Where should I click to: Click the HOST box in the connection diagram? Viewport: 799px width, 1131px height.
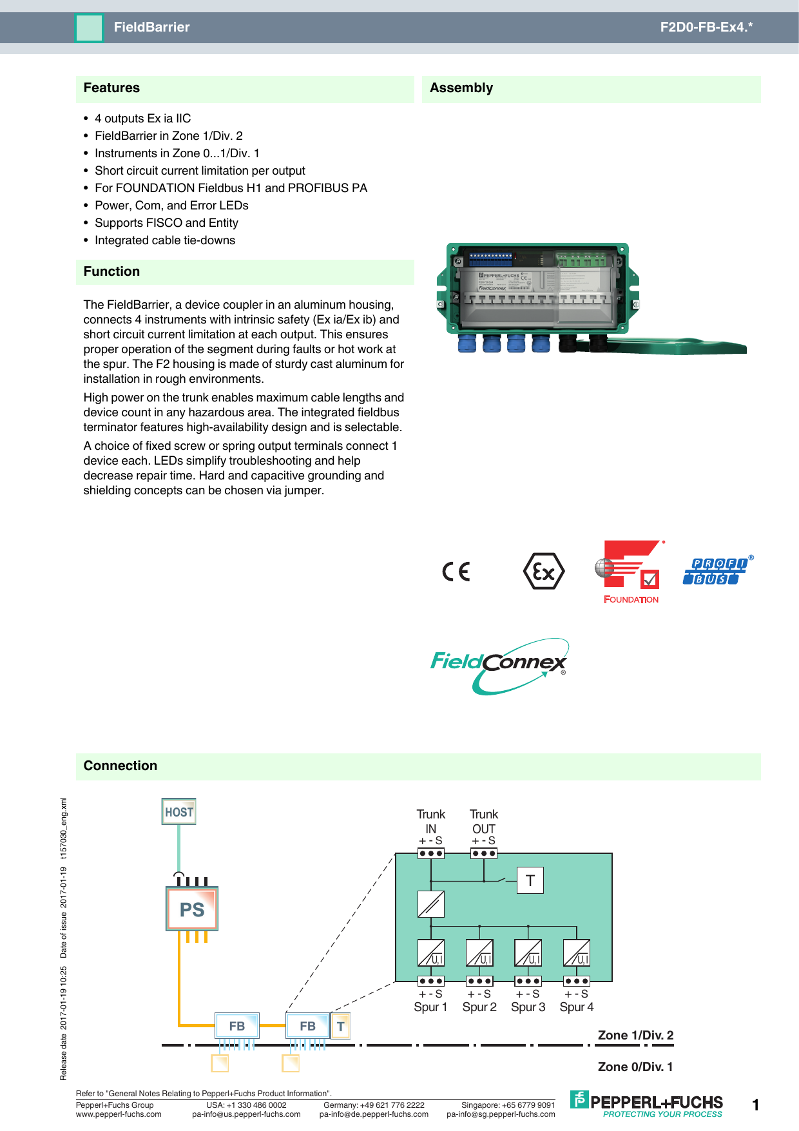pyautogui.click(x=178, y=812)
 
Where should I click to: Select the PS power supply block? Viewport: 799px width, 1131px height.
pyautogui.click(x=192, y=909)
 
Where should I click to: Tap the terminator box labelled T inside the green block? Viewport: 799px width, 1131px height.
pyautogui.click(x=530, y=880)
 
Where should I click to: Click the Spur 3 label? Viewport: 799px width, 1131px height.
pyautogui.click(x=528, y=1007)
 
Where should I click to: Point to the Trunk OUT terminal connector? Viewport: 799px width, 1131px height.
pyautogui.click(x=484, y=853)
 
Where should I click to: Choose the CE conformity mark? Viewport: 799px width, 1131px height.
pyautogui.click(x=456, y=572)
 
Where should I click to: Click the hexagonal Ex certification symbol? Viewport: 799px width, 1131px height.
pyautogui.click(x=544, y=572)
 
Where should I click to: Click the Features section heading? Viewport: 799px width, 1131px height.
pyautogui.click(x=111, y=88)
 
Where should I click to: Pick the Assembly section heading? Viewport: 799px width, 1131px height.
pyautogui.click(x=461, y=88)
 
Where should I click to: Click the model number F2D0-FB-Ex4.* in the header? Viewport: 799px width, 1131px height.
pyautogui.click(x=706, y=27)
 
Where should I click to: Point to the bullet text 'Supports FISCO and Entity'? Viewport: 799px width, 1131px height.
pyautogui.click(x=166, y=223)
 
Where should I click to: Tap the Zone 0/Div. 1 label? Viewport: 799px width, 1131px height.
pyautogui.click(x=635, y=1067)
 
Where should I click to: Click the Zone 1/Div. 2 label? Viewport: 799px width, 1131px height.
pyautogui.click(x=635, y=1035)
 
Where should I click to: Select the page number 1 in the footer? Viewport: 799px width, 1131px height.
pyautogui.click(x=756, y=1105)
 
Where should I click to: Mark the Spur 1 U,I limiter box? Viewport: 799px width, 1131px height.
pyautogui.click(x=431, y=952)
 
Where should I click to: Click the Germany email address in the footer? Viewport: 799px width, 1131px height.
pyautogui.click(x=374, y=1114)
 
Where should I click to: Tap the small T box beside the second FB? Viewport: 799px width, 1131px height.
pyautogui.click(x=341, y=1026)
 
